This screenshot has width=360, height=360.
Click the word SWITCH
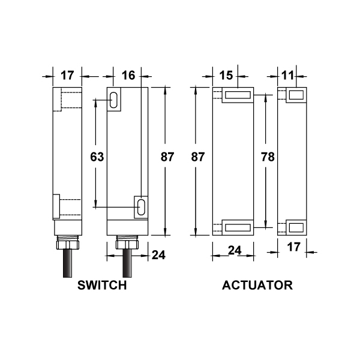[102, 285]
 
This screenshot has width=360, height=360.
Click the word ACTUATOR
[257, 285]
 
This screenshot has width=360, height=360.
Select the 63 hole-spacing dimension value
[97, 157]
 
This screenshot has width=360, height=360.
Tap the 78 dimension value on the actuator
[268, 157]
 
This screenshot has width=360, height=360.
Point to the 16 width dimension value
[128, 76]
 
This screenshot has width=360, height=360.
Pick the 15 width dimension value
[226, 76]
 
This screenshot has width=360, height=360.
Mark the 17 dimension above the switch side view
[67, 76]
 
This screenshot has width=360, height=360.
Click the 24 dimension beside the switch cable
[158, 255]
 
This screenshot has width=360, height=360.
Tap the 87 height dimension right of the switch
[167, 157]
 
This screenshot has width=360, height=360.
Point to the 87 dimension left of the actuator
[198, 157]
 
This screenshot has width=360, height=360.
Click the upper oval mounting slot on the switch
[114, 100]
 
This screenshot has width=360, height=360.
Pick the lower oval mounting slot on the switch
[142, 206]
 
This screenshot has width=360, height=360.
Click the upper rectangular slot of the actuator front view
[238, 95]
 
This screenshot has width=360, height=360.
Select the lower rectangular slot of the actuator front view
[238, 227]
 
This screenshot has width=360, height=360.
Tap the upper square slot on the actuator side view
[296, 95]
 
